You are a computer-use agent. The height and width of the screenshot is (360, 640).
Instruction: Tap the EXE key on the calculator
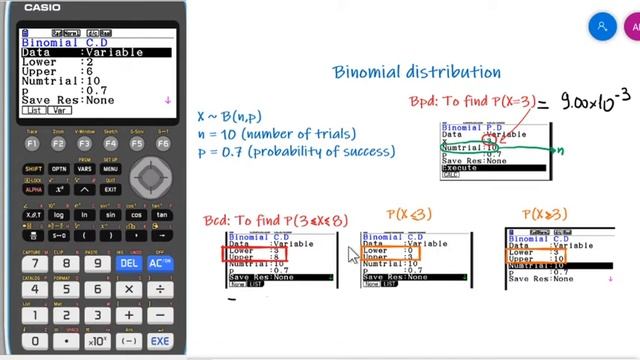(159, 340)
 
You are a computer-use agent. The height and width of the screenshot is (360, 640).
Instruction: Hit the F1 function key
(33, 144)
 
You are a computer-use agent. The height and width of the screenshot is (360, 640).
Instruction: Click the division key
(159, 290)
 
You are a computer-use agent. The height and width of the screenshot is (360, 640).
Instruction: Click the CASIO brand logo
(42, 8)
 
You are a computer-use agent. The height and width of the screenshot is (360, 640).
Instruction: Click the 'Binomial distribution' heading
(417, 72)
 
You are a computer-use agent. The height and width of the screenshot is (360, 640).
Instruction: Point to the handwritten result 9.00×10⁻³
(597, 101)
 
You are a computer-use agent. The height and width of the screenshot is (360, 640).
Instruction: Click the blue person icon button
(602, 27)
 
